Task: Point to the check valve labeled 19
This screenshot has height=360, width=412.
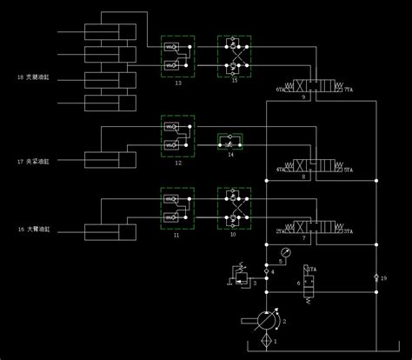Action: click(x=376, y=277)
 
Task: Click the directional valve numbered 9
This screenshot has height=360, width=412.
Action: click(x=317, y=87)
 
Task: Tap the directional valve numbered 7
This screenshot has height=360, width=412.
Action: click(x=317, y=230)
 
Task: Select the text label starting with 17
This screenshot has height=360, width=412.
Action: click(x=34, y=161)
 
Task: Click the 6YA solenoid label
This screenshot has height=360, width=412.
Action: click(x=281, y=89)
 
